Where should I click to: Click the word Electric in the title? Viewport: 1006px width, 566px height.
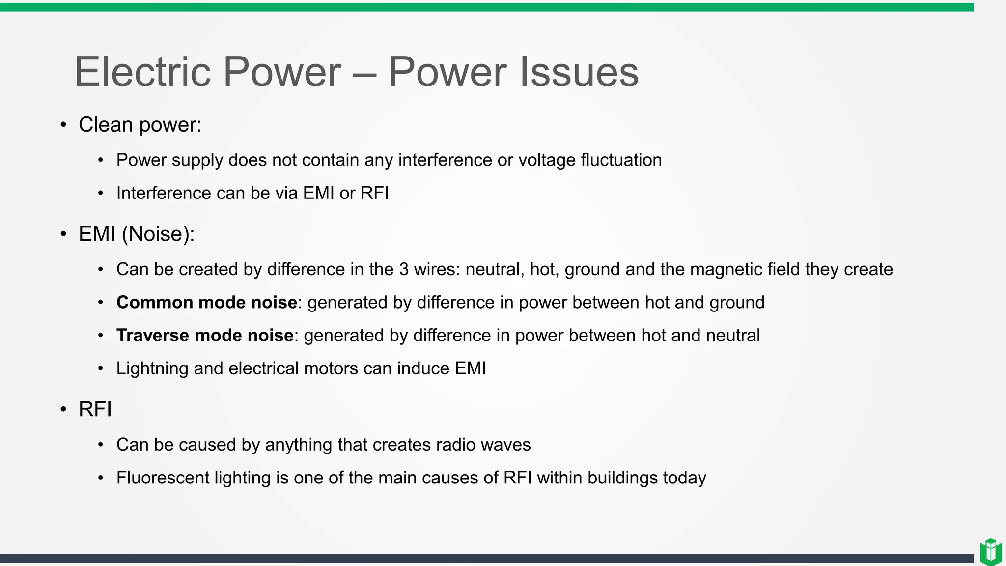142,72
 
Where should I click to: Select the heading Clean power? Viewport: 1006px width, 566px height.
140,125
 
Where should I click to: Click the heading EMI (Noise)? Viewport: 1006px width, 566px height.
137,234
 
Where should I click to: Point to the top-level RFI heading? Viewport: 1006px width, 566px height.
95,409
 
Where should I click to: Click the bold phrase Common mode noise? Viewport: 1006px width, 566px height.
206,302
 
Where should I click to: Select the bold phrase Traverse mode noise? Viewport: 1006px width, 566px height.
205,335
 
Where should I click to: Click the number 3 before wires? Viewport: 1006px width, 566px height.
404,269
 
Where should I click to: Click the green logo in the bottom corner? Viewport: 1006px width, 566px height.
990,552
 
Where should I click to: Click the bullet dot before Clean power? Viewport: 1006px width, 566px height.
63,125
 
